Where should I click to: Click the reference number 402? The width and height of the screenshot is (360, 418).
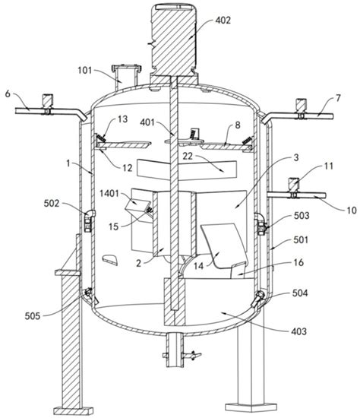click(x=223, y=21)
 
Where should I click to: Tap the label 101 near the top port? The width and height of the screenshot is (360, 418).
click(x=85, y=71)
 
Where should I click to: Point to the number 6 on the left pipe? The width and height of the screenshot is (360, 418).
click(x=8, y=93)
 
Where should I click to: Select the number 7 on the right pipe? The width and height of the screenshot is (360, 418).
click(x=338, y=98)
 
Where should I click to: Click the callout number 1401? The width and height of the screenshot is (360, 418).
click(x=109, y=193)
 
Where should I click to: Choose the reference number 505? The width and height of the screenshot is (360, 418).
click(x=33, y=316)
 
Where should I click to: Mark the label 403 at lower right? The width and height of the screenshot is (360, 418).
click(x=299, y=331)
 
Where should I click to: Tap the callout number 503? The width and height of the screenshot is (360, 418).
click(x=302, y=215)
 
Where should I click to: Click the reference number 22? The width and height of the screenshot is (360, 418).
click(x=188, y=157)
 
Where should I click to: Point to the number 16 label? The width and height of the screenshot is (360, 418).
click(x=298, y=263)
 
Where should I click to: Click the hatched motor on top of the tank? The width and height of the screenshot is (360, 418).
click(x=173, y=40)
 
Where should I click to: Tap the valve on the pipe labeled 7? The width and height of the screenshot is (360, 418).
click(x=301, y=109)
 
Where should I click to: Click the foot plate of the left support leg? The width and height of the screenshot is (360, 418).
click(x=74, y=411)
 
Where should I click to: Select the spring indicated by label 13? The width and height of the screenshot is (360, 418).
click(x=101, y=138)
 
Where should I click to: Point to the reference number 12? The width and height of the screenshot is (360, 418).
click(x=128, y=168)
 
